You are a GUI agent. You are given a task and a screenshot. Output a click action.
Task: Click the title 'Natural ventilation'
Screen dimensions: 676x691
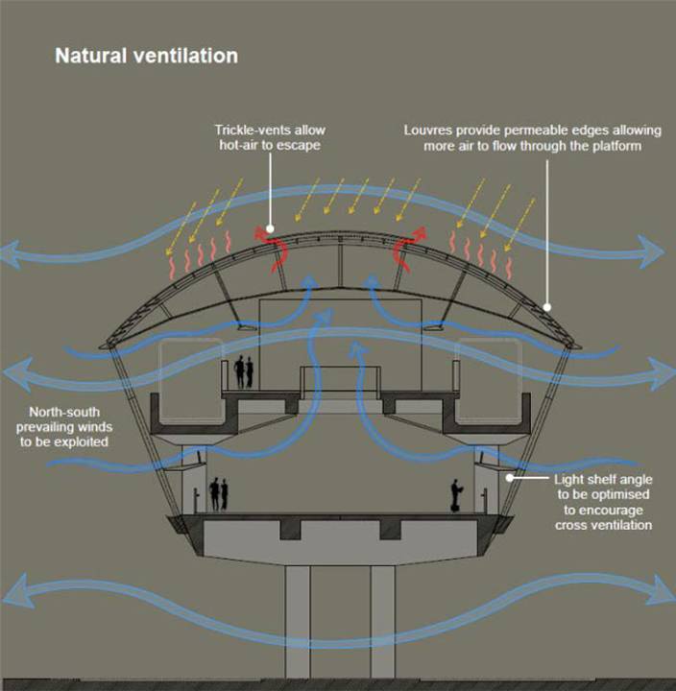(146, 56)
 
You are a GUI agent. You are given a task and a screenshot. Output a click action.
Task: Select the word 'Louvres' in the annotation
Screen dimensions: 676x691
(427, 131)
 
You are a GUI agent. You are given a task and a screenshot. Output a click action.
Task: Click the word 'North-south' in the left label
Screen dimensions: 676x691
(64, 412)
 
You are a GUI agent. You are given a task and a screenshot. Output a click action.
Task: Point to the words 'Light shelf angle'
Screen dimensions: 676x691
(603, 480)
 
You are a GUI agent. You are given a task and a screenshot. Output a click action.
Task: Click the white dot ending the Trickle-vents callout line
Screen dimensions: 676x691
(270, 228)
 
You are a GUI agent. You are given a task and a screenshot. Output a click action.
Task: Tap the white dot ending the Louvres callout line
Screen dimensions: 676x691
(547, 307)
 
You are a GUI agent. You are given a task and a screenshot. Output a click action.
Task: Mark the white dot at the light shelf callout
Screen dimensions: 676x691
(509, 477)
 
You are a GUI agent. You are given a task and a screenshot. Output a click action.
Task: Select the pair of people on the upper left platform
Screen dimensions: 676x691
(244, 372)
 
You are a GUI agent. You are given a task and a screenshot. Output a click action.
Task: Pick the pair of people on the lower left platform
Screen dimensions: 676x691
(219, 494)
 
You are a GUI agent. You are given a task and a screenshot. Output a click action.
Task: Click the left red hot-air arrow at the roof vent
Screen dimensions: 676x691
(273, 250)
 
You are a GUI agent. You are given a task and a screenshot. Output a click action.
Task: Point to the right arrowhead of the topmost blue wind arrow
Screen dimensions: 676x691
(652, 251)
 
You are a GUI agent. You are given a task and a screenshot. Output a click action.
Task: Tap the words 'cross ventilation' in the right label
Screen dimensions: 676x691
(603, 525)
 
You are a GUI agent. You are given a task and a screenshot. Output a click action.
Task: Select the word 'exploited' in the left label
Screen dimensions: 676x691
(81, 442)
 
